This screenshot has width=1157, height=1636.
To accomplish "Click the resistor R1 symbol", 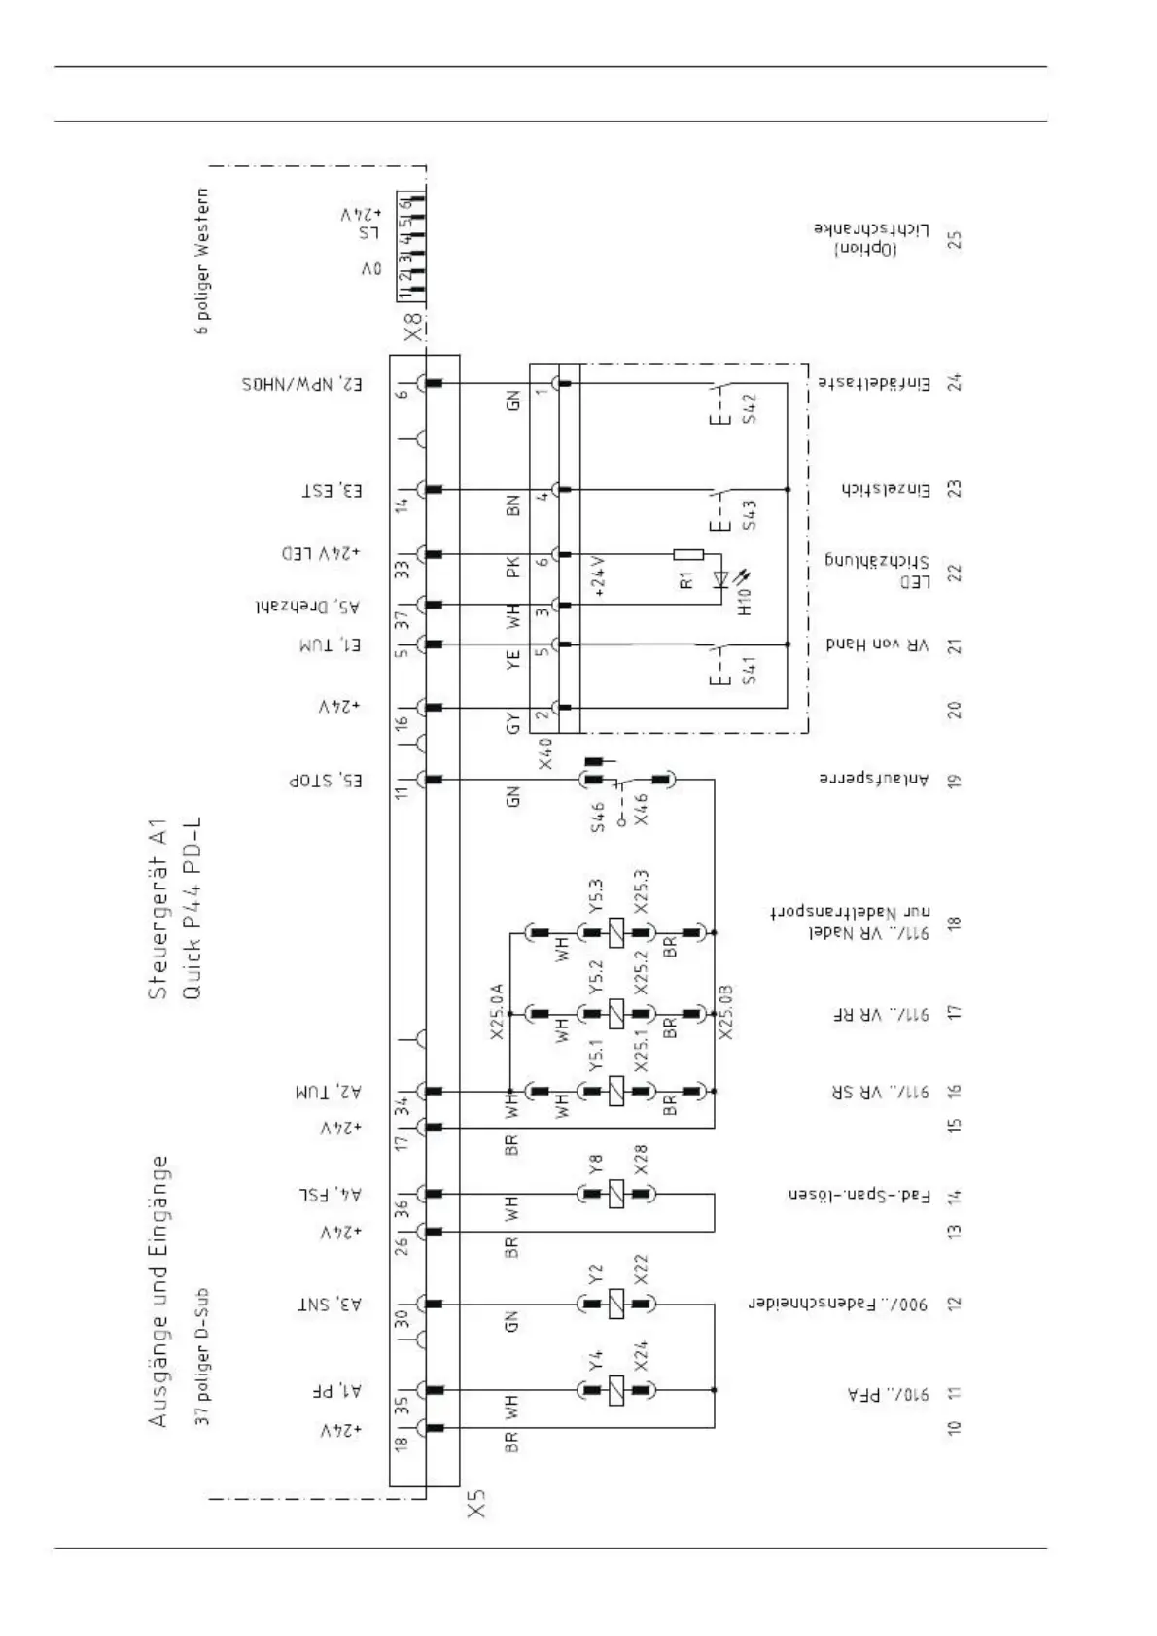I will pos(688,555).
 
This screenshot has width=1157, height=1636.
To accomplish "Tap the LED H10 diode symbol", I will pos(721,580).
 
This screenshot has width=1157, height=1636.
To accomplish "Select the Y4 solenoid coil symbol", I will pos(616,1390).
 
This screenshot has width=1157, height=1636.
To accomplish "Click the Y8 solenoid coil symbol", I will pos(616,1193).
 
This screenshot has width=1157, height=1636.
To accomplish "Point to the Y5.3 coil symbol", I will pos(616,933).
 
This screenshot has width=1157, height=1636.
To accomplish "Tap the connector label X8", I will pos(413,328).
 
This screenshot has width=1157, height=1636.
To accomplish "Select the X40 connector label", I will pos(545,753).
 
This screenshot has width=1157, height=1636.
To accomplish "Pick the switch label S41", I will pos(749,671).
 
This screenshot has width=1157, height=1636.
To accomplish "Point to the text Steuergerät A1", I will pos(158,909).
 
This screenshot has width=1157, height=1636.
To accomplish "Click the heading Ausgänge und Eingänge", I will pos(158,1291).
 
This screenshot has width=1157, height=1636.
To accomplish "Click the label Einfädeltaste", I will pos(873,384).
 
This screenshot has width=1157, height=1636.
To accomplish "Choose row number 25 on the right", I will pos(955,239).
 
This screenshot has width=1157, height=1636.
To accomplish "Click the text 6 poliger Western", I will pos(203,261).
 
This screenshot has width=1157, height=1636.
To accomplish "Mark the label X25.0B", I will pos(726,1012).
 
